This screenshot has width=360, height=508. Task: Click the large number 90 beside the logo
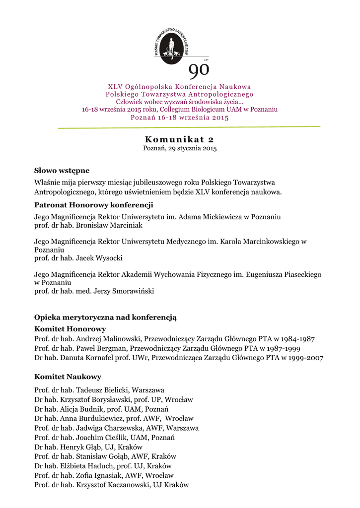tap(199, 71)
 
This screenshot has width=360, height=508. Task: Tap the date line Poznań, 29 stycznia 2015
tap(180, 148)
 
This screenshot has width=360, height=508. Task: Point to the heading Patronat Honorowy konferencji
tap(93, 205)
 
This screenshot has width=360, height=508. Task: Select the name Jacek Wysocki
tap(99, 258)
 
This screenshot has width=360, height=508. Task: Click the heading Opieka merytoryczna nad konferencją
tap(105, 317)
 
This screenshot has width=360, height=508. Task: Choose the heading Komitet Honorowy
tap(70, 329)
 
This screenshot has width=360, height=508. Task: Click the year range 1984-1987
tap(297, 339)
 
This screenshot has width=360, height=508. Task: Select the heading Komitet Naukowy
tap(68, 377)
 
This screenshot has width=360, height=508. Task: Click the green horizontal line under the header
tap(189, 127)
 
